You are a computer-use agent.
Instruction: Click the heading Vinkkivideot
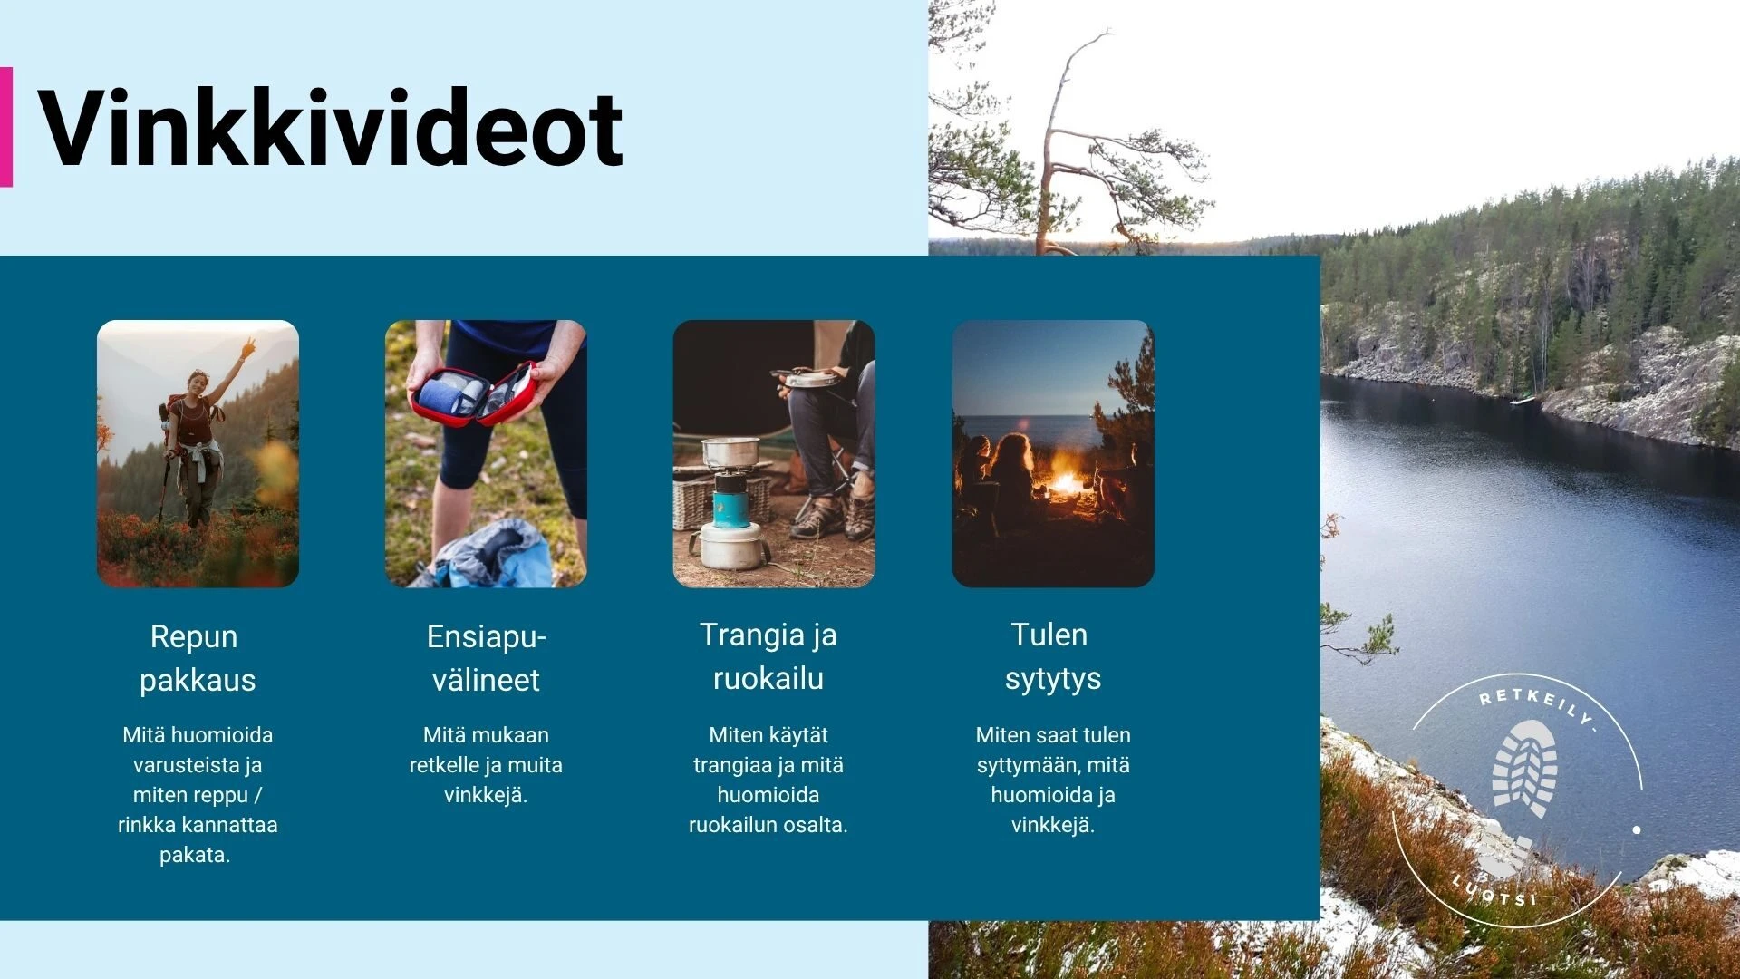[331, 129]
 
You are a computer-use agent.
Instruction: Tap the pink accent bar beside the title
[5, 126]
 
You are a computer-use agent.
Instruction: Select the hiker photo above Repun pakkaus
[198, 453]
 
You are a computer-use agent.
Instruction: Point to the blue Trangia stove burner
[730, 509]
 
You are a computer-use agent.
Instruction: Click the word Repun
[194, 636]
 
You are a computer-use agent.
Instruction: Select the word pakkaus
[198, 680]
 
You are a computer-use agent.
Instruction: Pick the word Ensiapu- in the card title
[487, 636]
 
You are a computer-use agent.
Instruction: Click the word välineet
[486, 680]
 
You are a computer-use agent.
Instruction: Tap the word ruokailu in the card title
[768, 678]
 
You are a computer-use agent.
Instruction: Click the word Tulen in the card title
[1049, 635]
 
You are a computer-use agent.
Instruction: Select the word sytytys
[1053, 679]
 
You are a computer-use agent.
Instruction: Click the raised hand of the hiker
[246, 348]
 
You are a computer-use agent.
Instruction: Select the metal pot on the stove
[730, 451]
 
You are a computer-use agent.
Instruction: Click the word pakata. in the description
[195, 855]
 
